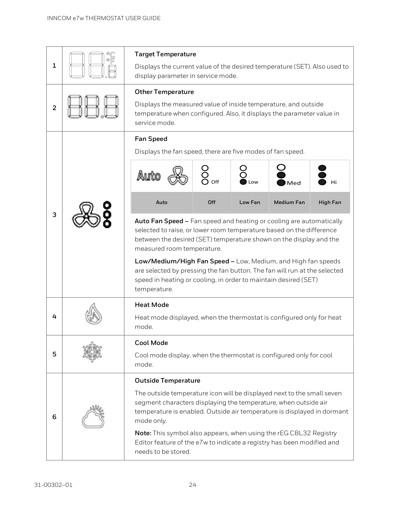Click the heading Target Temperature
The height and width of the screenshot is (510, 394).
click(x=165, y=54)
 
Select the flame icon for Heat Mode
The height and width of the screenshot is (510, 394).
click(x=93, y=313)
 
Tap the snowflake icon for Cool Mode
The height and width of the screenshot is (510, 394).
click(x=92, y=352)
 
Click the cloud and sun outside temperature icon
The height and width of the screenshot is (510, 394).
click(x=93, y=417)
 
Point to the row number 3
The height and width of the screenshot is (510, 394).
click(x=54, y=215)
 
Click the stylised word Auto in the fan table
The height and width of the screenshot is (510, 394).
click(x=149, y=176)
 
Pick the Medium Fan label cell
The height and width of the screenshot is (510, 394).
click(x=289, y=202)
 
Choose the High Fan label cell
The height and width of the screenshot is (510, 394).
click(x=330, y=202)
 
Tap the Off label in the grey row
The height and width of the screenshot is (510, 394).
click(x=212, y=202)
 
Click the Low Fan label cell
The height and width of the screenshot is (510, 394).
click(x=250, y=202)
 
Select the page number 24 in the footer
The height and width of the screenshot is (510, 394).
click(x=193, y=485)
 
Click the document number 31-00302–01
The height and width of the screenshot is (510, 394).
click(x=53, y=485)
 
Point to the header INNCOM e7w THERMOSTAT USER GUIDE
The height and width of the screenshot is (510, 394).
click(x=104, y=18)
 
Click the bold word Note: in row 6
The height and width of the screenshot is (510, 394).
click(x=143, y=433)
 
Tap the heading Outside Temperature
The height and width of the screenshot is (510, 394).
click(x=167, y=381)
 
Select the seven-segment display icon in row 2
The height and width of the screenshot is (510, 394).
click(x=93, y=107)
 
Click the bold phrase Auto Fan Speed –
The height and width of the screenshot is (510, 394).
click(x=162, y=221)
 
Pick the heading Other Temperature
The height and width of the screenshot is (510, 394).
click(x=164, y=92)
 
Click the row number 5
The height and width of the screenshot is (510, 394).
click(x=54, y=354)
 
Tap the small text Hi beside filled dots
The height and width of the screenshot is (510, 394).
click(x=334, y=182)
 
